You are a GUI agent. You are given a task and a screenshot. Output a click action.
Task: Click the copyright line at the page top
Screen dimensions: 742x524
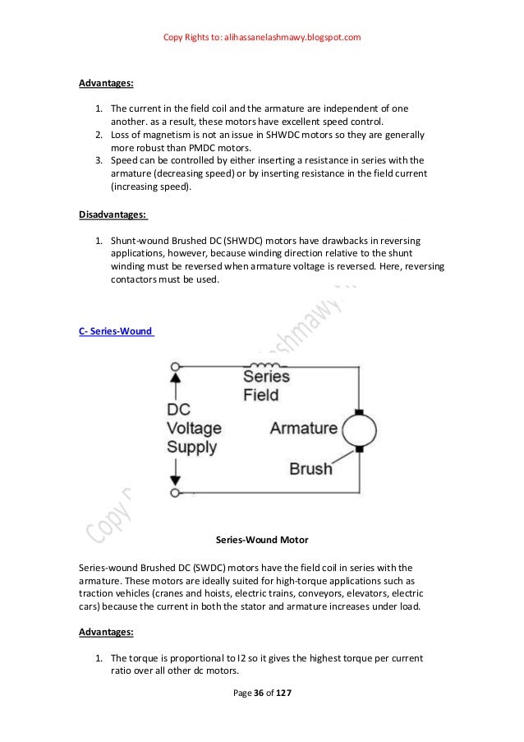[x=262, y=38]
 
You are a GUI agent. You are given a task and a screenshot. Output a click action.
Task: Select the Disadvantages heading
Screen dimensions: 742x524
[x=113, y=214]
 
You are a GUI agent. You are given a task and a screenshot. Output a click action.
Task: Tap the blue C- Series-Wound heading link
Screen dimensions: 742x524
[x=115, y=331]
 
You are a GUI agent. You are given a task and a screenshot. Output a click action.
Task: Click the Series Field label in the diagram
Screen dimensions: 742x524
[x=267, y=385]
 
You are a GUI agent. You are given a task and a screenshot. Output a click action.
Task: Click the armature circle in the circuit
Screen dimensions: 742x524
[x=358, y=430]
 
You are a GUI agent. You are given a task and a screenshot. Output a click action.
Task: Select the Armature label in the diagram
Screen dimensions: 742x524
[x=303, y=428]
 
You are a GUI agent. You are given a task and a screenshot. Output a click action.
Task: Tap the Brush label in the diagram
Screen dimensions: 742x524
[x=310, y=469]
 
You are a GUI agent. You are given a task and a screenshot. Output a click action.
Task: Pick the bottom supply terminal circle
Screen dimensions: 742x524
[x=174, y=492]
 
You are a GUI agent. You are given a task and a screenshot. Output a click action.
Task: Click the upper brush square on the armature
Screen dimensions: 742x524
[x=358, y=411]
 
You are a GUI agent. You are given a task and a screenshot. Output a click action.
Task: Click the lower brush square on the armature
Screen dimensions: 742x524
[x=358, y=449]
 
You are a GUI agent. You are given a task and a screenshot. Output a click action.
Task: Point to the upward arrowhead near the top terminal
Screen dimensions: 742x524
[x=174, y=380]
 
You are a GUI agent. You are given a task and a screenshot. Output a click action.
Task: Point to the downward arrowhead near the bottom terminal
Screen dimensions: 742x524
[x=174, y=480]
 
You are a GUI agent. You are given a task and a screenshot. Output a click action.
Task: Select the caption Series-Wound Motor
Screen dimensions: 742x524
[x=261, y=540]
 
